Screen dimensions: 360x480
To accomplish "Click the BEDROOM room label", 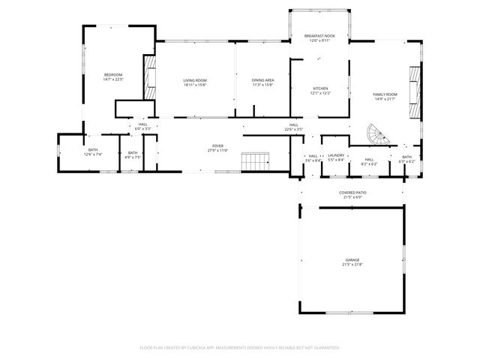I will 112,74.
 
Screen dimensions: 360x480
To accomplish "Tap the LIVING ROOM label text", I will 195,80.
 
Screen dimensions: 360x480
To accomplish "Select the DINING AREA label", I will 262,80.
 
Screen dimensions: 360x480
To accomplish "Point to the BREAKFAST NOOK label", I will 319,36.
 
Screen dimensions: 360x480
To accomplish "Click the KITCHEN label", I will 320,88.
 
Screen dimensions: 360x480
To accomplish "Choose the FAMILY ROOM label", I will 385,94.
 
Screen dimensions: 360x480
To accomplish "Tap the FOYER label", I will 218,146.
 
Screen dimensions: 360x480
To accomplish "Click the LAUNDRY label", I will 335,154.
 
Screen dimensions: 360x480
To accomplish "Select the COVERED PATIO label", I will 352,193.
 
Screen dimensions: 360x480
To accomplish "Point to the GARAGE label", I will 352,259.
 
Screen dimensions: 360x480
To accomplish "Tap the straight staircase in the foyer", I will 256,161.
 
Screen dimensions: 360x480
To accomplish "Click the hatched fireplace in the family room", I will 413,93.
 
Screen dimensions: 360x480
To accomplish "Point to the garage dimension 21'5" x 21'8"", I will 352,264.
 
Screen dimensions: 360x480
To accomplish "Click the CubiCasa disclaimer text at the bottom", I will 240,347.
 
